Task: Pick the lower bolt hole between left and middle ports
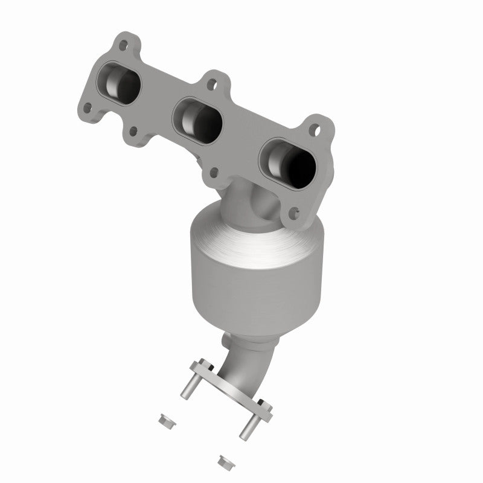(132, 129)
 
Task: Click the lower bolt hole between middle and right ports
(214, 171)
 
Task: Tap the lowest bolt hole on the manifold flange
(293, 212)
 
